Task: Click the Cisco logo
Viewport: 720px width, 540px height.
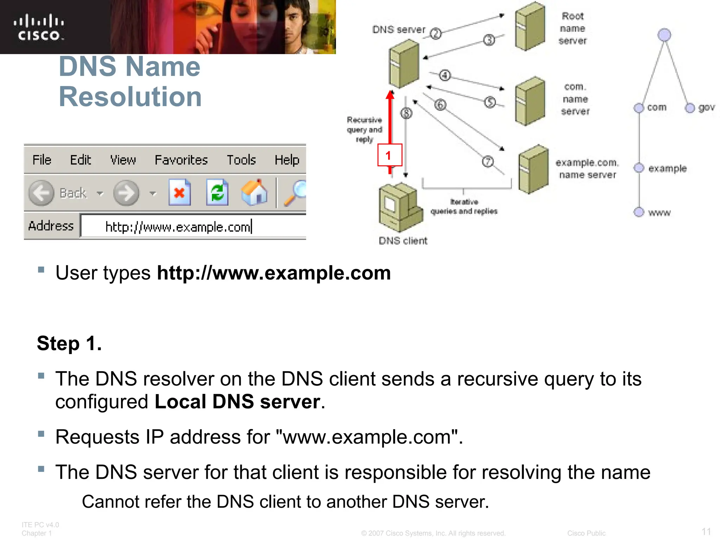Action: [x=39, y=27]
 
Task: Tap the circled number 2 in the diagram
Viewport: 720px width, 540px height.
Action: [x=436, y=34]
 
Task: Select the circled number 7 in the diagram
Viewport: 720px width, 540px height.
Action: [x=488, y=161]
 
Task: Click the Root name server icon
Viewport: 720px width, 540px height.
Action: [x=530, y=26]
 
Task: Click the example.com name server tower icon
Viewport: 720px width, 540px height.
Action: [x=533, y=169]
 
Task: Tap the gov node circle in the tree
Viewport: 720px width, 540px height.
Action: [x=690, y=108]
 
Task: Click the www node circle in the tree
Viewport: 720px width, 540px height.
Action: [x=639, y=212]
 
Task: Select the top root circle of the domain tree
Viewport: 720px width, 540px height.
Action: [x=664, y=35]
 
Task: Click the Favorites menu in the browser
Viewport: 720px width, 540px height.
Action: [x=181, y=160]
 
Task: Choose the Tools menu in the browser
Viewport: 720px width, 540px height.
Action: [x=241, y=160]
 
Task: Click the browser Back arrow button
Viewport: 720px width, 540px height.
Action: [x=41, y=193]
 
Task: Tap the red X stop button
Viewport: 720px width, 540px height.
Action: [x=180, y=192]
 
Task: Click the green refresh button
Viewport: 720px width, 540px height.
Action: [x=217, y=192]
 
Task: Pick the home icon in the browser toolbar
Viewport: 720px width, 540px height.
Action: [x=255, y=192]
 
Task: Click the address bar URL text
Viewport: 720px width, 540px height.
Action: [x=178, y=227]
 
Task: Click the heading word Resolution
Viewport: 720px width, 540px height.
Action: [x=130, y=97]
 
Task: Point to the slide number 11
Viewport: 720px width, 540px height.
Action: [x=706, y=531]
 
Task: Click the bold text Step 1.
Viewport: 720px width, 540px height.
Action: [x=69, y=343]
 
